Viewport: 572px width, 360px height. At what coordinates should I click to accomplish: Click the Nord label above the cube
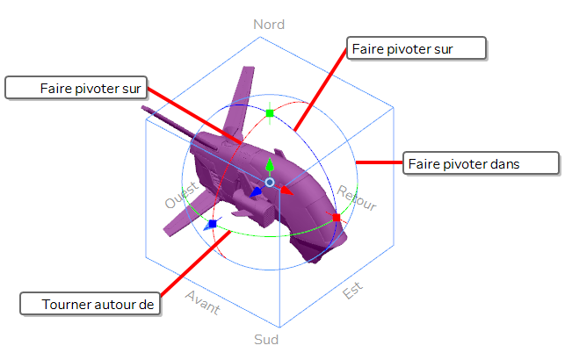pyautogui.click(x=269, y=25)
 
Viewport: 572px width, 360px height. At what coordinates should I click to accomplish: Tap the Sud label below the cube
pyautogui.click(x=266, y=340)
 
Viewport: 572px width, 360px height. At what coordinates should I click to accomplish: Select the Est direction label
pyautogui.click(x=352, y=291)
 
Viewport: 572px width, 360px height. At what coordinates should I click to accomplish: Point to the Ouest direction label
pyautogui.click(x=182, y=195)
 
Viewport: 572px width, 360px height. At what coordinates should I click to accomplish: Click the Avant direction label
pyautogui.click(x=203, y=302)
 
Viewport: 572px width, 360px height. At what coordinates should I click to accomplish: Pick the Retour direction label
pyautogui.click(x=357, y=198)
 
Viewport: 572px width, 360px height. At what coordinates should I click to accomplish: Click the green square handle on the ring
pyautogui.click(x=270, y=113)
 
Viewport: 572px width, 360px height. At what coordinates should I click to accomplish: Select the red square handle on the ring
pyautogui.click(x=337, y=218)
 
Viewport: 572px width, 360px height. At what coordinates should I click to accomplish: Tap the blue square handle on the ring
pyautogui.click(x=213, y=224)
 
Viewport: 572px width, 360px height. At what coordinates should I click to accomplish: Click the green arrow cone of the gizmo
pyautogui.click(x=270, y=165)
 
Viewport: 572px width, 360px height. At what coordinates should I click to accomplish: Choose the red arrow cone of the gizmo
pyautogui.click(x=286, y=191)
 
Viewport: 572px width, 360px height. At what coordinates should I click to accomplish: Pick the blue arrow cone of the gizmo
pyautogui.click(x=256, y=191)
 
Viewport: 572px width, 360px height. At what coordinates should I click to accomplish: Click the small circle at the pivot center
pyautogui.click(x=270, y=182)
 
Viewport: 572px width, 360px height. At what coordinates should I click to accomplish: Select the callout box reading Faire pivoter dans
pyautogui.click(x=481, y=163)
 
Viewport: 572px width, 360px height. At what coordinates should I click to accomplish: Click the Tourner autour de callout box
pyautogui.click(x=91, y=304)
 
